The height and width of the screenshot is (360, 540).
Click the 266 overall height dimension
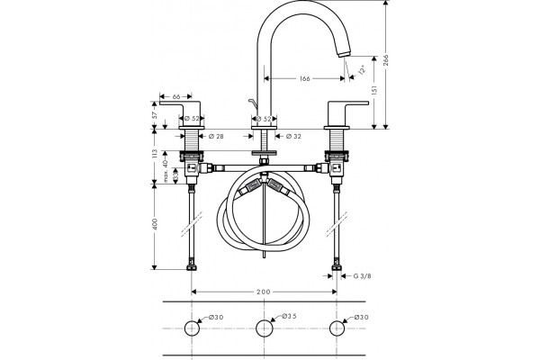click(x=386, y=62)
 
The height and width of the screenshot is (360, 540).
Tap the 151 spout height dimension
click(x=374, y=90)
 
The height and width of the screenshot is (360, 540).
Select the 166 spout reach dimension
click(x=304, y=78)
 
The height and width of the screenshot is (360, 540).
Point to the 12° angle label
click(x=362, y=71)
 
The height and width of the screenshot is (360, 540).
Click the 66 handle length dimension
click(x=176, y=97)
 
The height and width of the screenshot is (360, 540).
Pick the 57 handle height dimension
click(x=155, y=114)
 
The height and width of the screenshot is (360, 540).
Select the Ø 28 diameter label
click(x=216, y=137)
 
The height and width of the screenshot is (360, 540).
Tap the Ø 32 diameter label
click(x=293, y=137)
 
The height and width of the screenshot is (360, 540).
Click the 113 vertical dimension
click(x=155, y=153)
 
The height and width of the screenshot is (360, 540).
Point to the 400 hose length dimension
click(x=155, y=224)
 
